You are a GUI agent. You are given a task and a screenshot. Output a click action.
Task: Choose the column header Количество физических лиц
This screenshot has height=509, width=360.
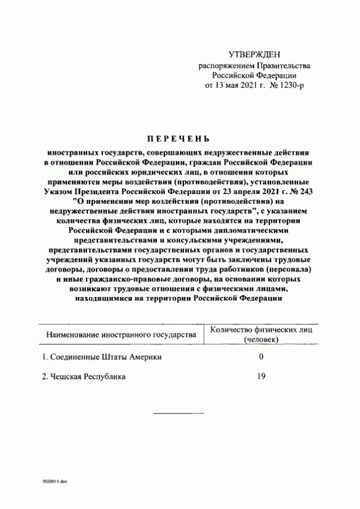pyautogui.click(x=261, y=329)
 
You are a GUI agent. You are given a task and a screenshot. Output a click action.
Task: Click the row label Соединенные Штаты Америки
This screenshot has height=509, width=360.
pyautogui.click(x=105, y=357)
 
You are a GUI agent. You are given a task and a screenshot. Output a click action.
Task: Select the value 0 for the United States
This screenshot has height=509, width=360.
pyautogui.click(x=261, y=357)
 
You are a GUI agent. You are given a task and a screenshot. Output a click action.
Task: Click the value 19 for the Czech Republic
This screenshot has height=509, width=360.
pyautogui.click(x=261, y=376)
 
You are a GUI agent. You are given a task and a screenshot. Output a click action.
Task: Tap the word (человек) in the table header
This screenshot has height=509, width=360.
pyautogui.click(x=261, y=339)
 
